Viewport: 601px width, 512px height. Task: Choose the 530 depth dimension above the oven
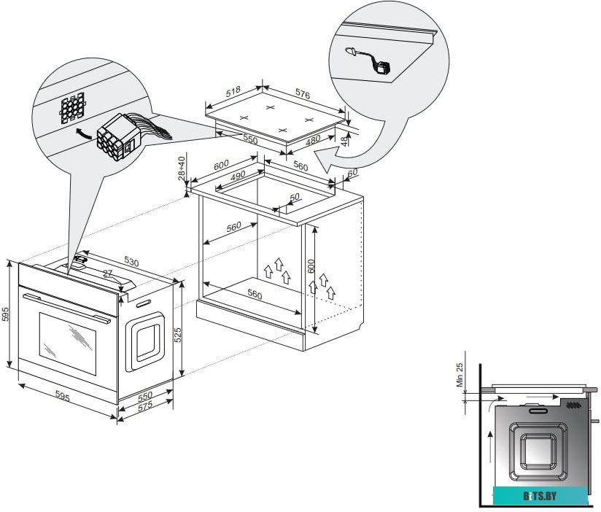[131, 261]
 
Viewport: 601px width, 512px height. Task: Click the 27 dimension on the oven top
[108, 274]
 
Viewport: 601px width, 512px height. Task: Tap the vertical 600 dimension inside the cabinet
[311, 266]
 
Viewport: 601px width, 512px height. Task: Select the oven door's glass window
[66, 340]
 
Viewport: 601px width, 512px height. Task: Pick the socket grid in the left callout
[74, 109]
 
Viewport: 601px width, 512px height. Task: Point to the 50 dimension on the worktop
[294, 198]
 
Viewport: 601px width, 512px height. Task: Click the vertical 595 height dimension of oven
[6, 314]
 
